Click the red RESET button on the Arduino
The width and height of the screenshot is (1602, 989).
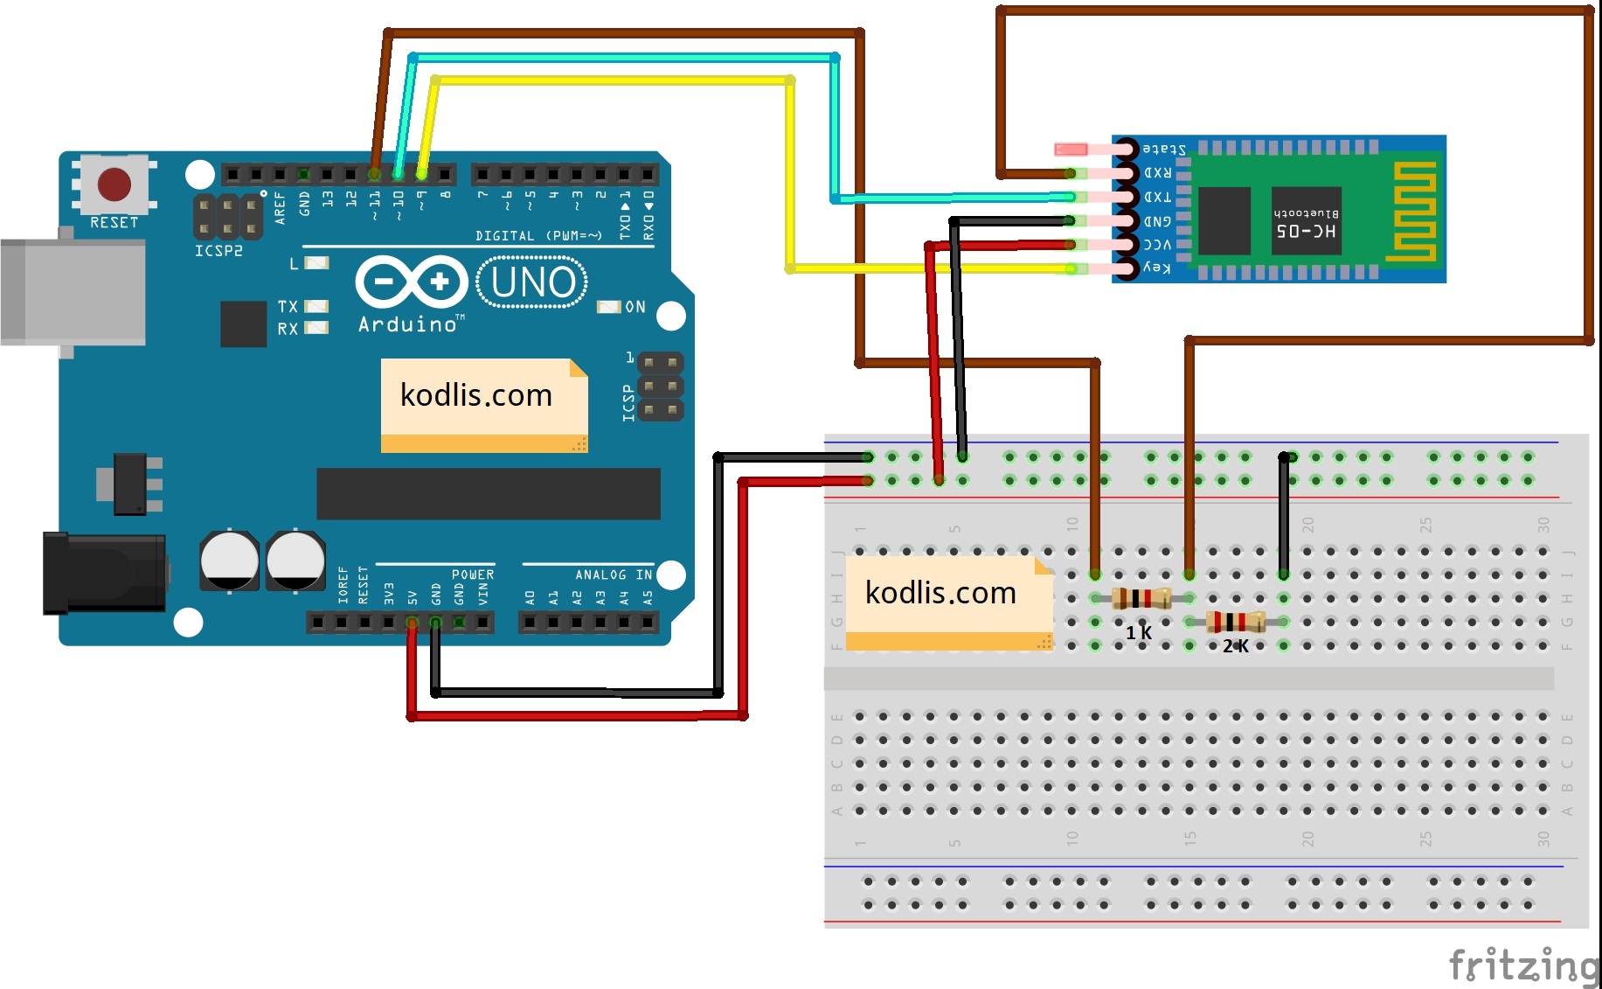pos(114,185)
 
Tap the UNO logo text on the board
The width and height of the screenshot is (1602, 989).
pos(533,282)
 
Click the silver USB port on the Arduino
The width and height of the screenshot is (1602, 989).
pos(73,292)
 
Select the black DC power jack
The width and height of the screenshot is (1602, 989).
pos(104,573)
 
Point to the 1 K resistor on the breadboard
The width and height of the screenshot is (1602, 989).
pos(1141,599)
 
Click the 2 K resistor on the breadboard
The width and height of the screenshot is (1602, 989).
pos(1235,622)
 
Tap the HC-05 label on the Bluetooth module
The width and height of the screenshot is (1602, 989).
pos(1306,231)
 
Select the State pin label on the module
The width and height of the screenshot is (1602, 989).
pos(1164,150)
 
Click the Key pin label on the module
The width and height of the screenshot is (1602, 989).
pos(1157,268)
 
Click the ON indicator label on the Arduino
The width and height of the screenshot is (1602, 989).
pos(635,307)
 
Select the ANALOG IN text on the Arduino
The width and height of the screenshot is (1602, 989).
pos(614,575)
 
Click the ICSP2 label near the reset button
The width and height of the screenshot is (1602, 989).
pos(218,251)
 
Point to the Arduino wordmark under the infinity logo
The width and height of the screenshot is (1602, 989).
pos(408,324)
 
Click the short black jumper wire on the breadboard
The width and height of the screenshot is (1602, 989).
pos(1283,516)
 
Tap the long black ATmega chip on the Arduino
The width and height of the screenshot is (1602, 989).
pos(488,493)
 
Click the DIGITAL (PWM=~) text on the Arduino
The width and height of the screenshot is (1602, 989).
pos(538,236)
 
